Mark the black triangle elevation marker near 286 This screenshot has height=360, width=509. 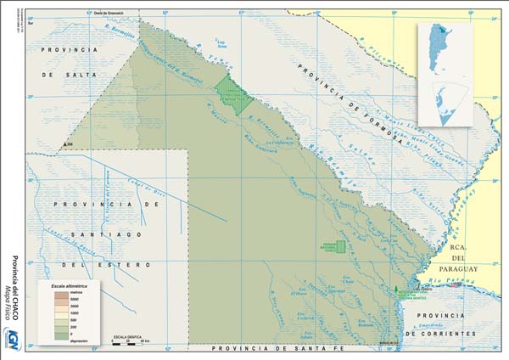point(62,146)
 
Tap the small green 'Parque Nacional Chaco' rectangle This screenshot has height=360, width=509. point(339,246)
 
